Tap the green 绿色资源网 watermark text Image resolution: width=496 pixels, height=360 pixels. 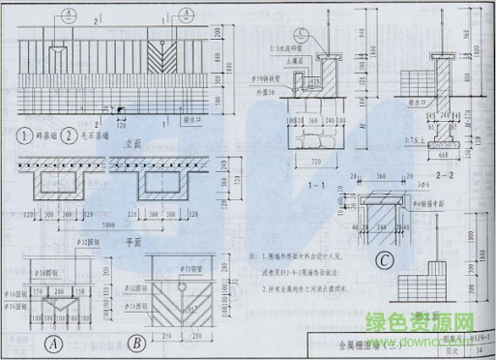point(436,323)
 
